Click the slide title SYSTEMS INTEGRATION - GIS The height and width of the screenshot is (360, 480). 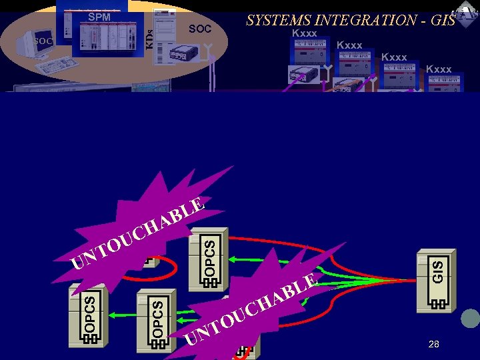tap(351, 19)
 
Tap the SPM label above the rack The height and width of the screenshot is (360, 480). tap(99, 17)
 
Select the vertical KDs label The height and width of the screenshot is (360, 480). tap(150, 37)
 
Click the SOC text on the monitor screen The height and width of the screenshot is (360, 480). tap(43, 41)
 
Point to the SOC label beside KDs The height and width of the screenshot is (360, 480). tap(199, 29)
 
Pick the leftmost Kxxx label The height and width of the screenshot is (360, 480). tap(305, 33)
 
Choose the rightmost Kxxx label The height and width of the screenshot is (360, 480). tap(439, 69)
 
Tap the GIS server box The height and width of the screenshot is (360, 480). tap(437, 279)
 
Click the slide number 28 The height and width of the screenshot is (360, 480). tap(434, 344)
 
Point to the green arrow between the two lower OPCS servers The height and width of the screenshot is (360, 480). tap(120, 311)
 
